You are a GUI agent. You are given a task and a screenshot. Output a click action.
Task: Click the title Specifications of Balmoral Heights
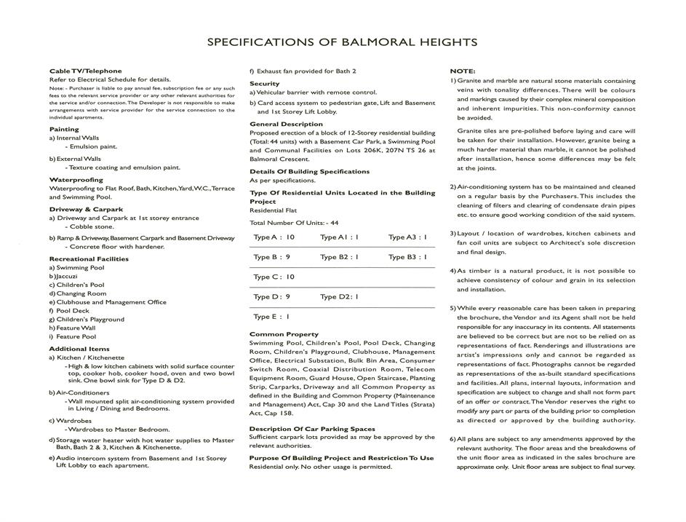[x=342, y=41]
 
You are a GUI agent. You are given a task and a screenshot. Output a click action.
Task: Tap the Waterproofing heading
[x=76, y=180]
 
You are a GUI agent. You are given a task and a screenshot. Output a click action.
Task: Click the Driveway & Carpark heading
[x=86, y=210]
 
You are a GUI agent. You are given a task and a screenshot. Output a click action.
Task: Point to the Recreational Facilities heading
[x=89, y=259]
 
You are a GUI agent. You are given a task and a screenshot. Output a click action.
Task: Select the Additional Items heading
[x=79, y=349]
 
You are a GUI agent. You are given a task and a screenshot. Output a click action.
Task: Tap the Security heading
[x=264, y=84]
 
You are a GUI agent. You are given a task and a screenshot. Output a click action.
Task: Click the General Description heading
[x=286, y=124]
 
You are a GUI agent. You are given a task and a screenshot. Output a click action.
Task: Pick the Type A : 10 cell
[x=274, y=237]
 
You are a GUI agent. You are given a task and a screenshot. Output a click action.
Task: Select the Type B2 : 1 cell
[x=339, y=257]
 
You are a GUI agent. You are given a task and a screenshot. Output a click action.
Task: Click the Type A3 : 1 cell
[x=407, y=237]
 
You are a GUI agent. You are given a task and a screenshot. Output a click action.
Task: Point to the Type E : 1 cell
[x=271, y=317]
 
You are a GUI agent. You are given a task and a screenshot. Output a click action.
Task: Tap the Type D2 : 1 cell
[x=339, y=297]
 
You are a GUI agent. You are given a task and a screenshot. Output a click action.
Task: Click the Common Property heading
[x=284, y=335]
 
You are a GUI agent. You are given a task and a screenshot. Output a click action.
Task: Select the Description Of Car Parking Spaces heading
[x=312, y=430]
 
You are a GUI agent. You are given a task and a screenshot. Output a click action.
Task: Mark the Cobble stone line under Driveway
[x=92, y=227]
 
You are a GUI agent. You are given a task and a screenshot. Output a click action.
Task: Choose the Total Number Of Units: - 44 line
[x=294, y=223]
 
